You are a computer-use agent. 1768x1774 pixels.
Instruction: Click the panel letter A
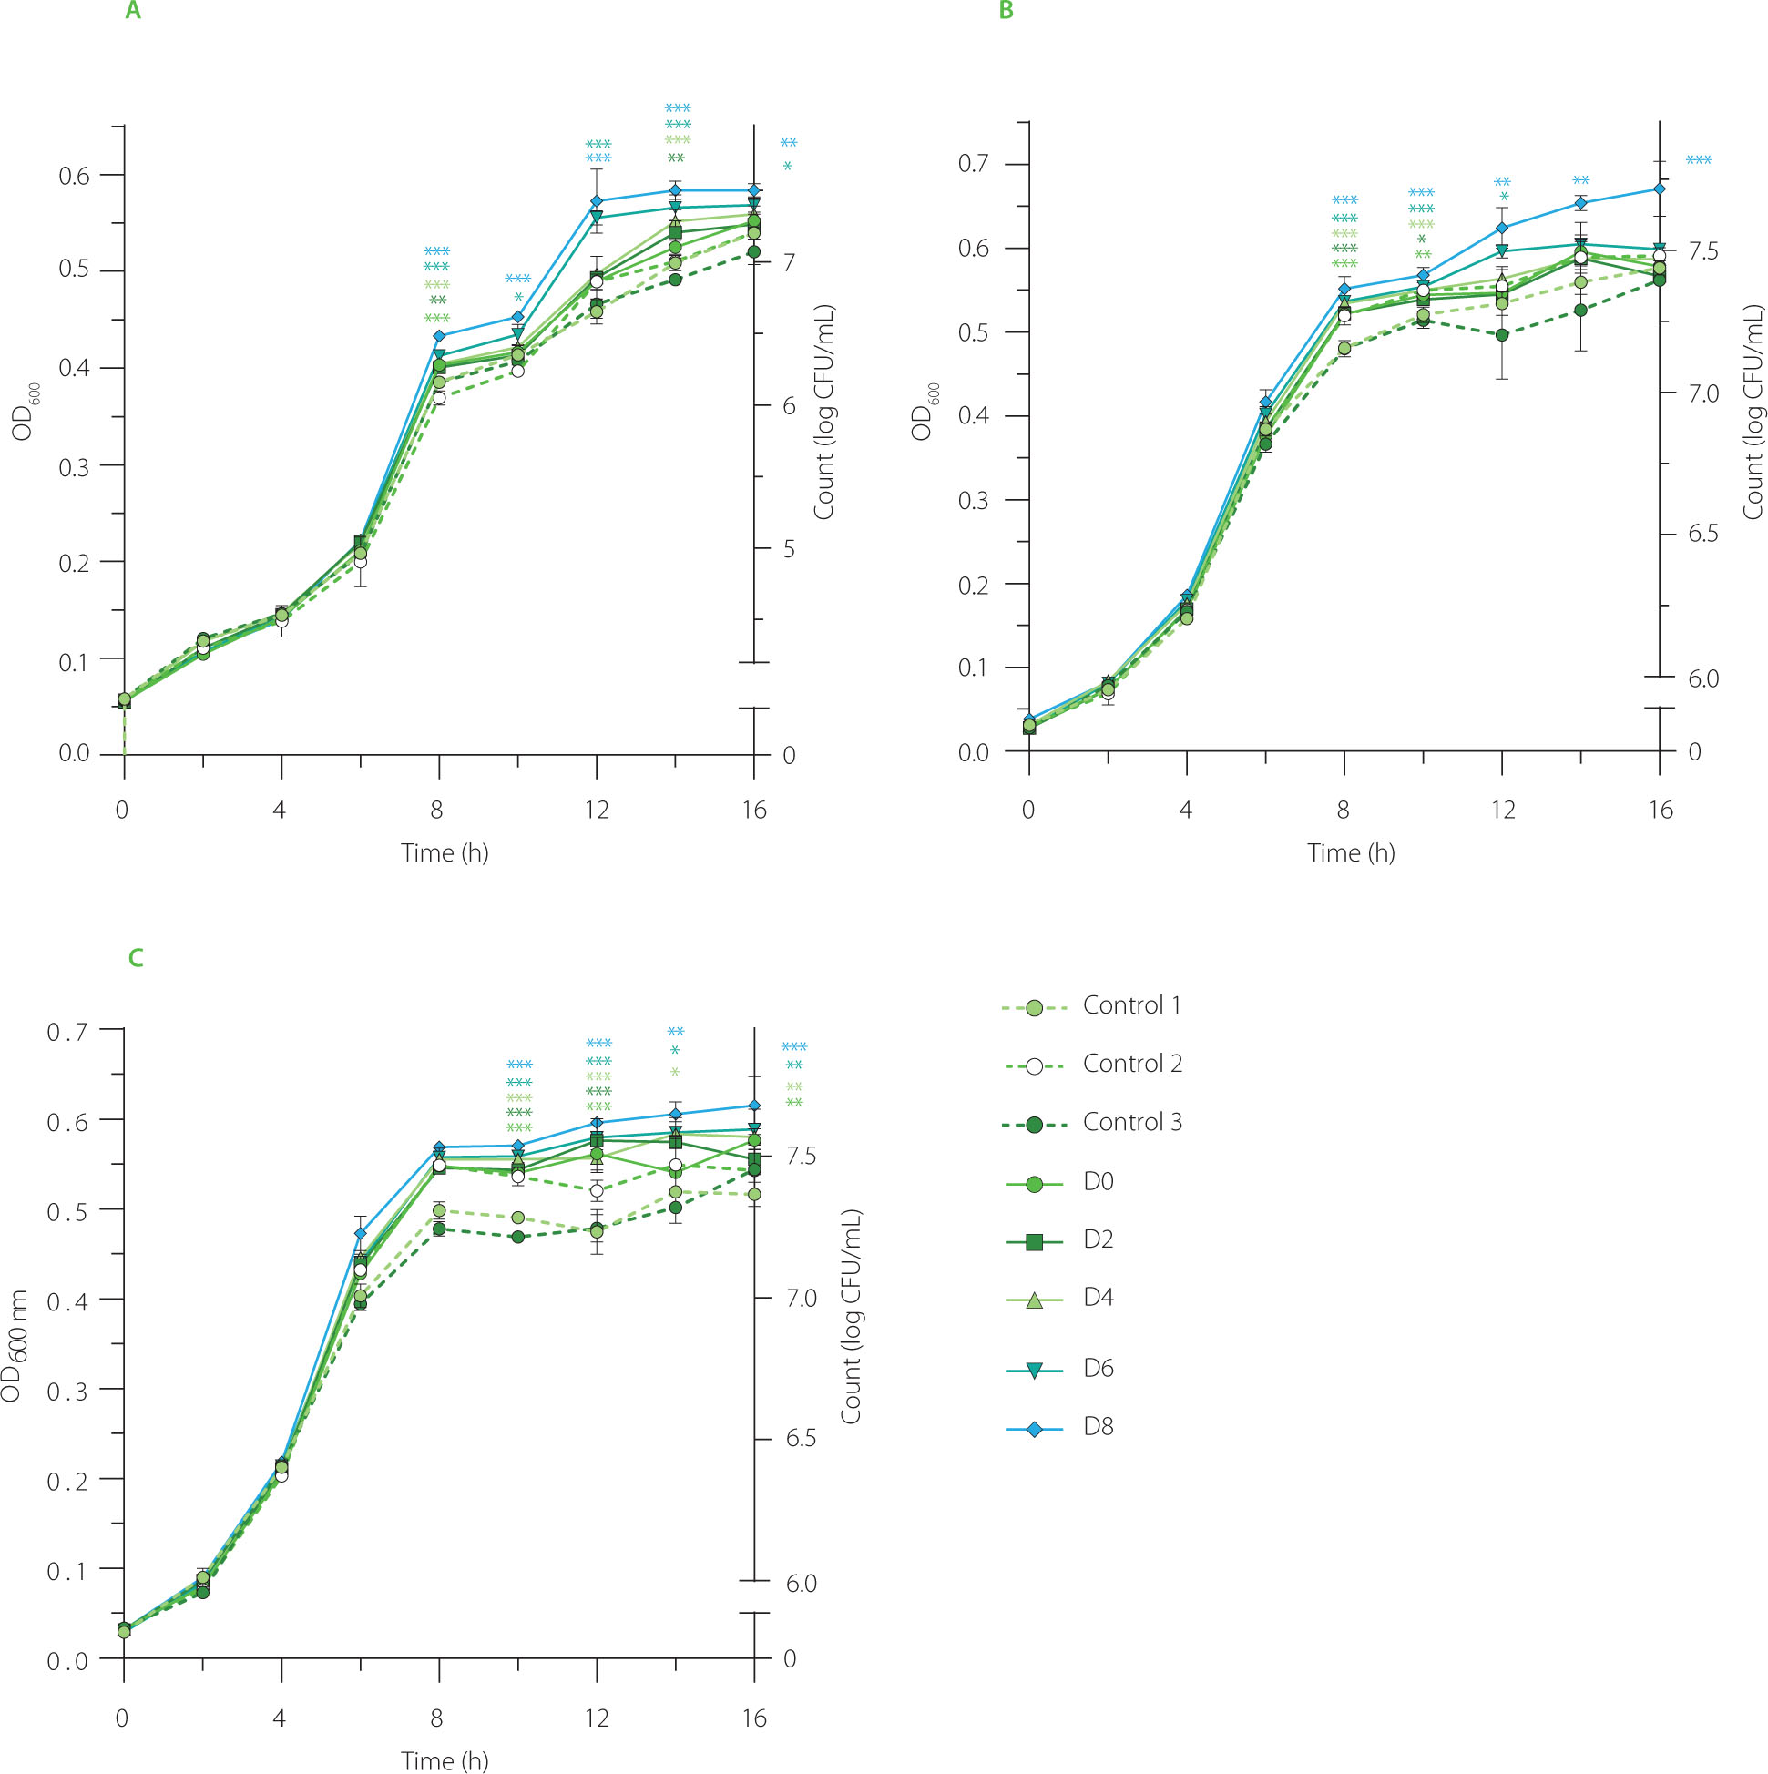[x=133, y=12]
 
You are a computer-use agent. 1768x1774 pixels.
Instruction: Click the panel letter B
[x=1006, y=12]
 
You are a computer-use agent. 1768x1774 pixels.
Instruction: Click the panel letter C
[x=136, y=959]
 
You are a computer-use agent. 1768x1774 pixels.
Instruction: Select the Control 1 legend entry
[x=1130, y=1005]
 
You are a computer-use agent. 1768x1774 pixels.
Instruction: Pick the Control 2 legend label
[x=1131, y=1065]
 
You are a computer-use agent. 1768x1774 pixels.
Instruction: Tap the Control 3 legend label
[x=1131, y=1122]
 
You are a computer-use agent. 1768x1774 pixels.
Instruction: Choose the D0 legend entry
[x=1098, y=1182]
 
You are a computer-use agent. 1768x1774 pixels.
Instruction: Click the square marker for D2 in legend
[x=1034, y=1242]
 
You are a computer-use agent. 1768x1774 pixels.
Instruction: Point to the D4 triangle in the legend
[x=1034, y=1301]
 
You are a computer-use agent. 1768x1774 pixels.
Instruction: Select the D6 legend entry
[x=1098, y=1369]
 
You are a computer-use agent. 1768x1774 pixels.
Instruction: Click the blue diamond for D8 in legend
[x=1034, y=1429]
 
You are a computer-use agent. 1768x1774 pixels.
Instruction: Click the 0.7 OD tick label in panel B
[x=974, y=164]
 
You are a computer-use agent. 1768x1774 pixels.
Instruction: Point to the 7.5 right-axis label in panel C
[x=801, y=1156]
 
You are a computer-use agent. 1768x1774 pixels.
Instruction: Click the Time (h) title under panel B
[x=1351, y=853]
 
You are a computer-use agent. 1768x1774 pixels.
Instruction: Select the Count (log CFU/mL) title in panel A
[x=823, y=413]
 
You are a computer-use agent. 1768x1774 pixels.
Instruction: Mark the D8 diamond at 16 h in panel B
[x=1660, y=189]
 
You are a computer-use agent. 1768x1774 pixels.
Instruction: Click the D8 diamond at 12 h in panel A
[x=597, y=201]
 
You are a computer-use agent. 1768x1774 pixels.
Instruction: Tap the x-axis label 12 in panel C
[x=597, y=1718]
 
